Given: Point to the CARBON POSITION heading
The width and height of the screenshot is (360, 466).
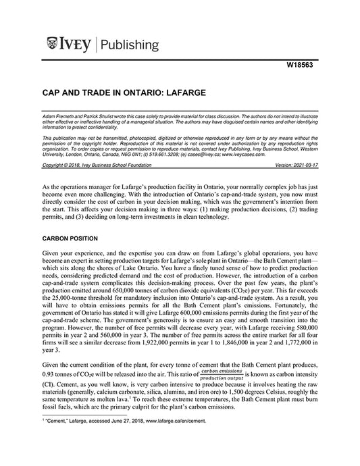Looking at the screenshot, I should click(70, 238).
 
